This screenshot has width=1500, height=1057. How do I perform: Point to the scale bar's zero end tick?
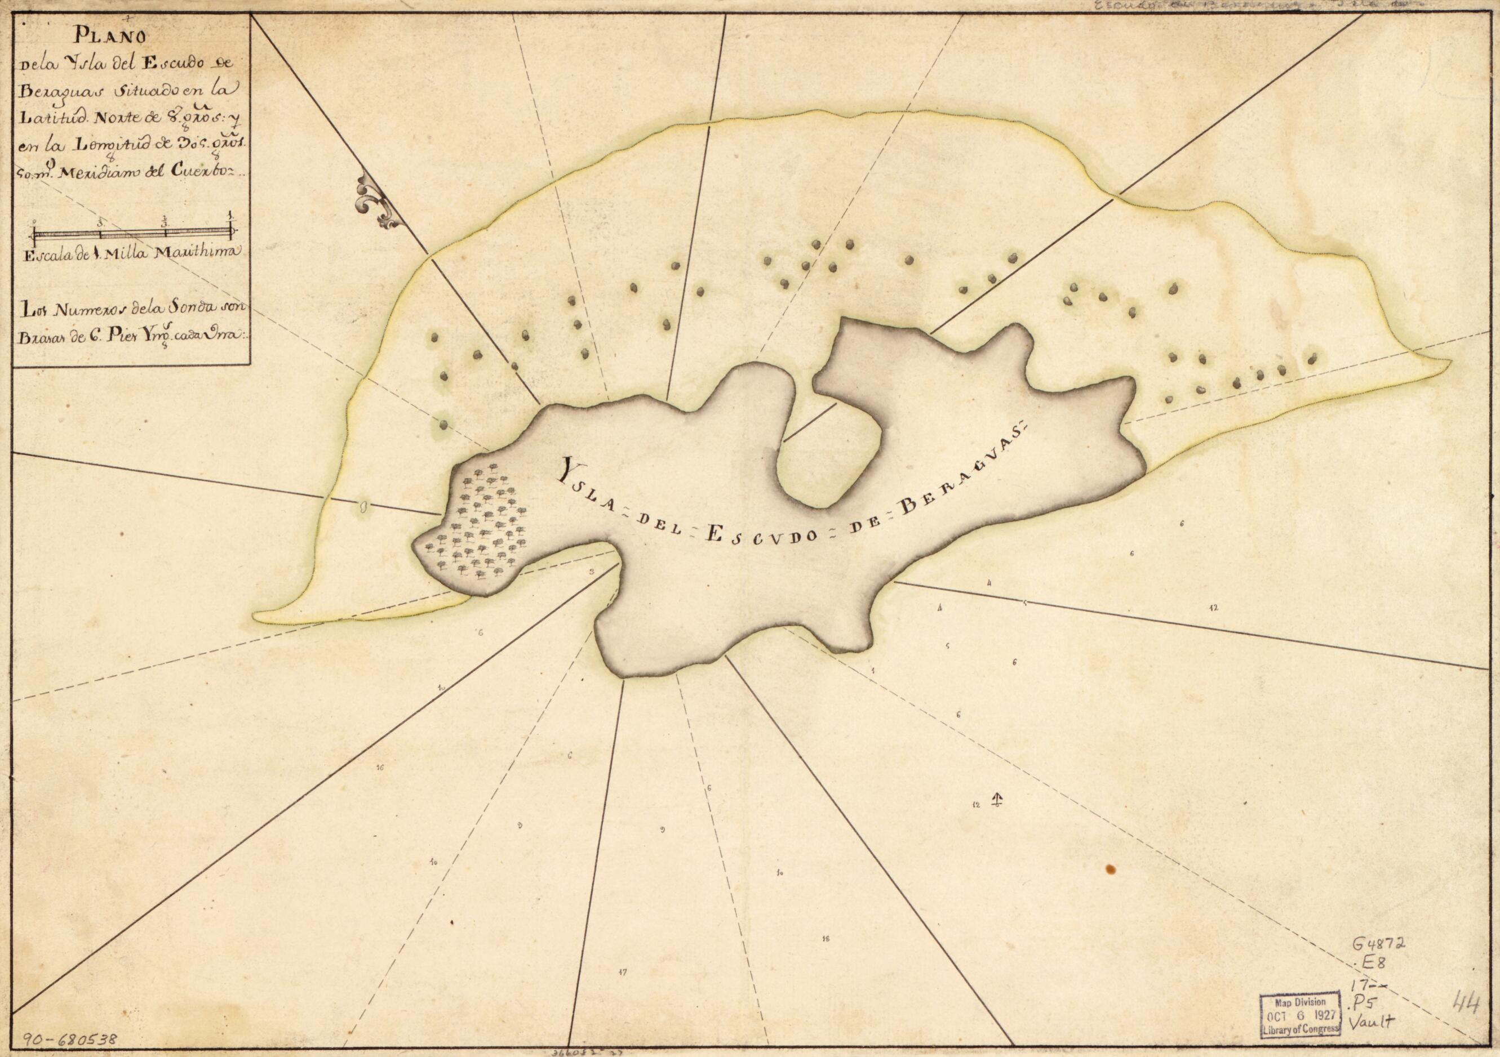(34, 233)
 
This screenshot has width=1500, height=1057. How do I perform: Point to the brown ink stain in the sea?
(1110, 869)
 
